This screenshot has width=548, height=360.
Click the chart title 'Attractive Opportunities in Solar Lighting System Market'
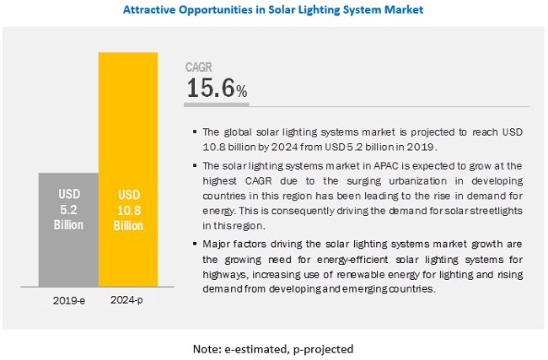click(273, 10)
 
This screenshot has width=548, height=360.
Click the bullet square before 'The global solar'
click(195, 132)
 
